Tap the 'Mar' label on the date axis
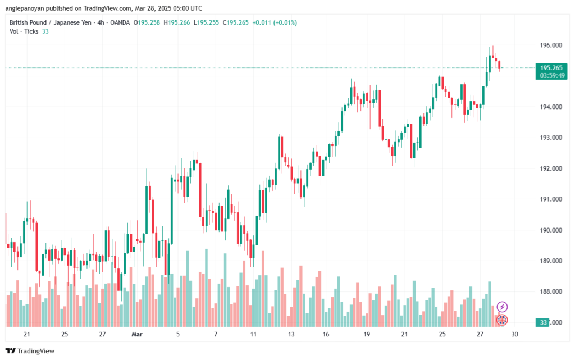tap(137, 334)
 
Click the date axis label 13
tap(291, 334)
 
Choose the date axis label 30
tap(514, 334)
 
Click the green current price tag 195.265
tap(547, 67)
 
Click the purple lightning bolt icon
tap(503, 307)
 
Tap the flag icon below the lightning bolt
tap(503, 320)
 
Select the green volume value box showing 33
tap(543, 322)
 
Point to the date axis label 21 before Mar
tap(27, 334)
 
